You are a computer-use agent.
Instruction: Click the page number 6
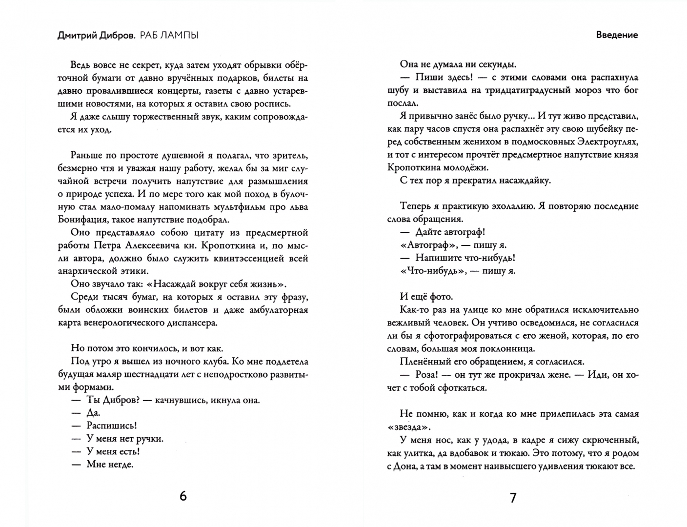point(183,496)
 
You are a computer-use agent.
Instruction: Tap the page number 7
point(512,498)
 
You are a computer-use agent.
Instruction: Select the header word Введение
point(617,35)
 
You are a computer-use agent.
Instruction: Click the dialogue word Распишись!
point(111,426)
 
